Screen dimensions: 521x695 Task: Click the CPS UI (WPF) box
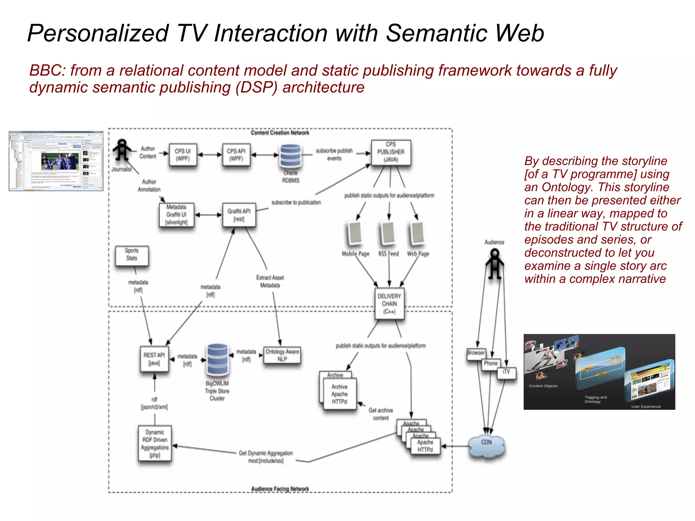click(x=183, y=155)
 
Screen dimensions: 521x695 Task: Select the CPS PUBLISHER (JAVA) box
click(x=391, y=152)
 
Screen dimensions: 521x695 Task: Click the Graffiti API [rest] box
click(x=239, y=215)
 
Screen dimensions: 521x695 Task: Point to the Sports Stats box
click(x=132, y=255)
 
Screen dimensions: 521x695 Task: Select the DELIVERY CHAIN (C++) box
click(x=389, y=304)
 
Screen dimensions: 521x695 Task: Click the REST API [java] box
click(x=154, y=359)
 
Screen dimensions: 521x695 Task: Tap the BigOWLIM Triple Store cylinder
click(x=218, y=359)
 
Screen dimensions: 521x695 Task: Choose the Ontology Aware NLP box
click(x=282, y=355)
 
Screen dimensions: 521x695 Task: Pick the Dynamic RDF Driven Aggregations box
click(x=155, y=443)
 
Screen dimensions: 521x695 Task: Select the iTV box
click(x=506, y=373)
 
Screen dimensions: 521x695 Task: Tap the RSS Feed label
click(x=389, y=254)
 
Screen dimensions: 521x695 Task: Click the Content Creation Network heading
click(x=280, y=133)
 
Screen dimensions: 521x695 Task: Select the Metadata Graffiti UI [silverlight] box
click(x=176, y=215)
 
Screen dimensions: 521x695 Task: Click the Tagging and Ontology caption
click(x=596, y=399)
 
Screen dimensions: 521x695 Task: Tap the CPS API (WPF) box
click(x=236, y=155)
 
